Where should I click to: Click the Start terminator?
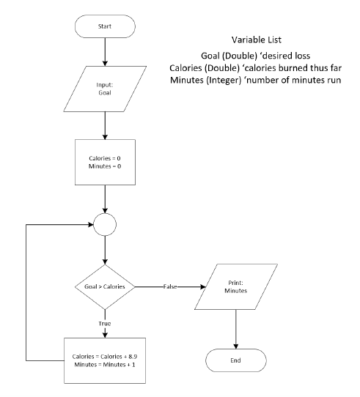(105, 26)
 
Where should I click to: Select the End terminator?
(236, 360)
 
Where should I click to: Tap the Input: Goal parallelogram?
(105, 89)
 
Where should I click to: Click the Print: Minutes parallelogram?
(236, 286)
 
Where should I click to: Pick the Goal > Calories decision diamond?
(105, 286)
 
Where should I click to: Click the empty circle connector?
(105, 225)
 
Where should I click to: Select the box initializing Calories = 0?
(105, 162)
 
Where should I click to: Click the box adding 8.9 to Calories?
(105, 360)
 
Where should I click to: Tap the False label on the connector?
(170, 286)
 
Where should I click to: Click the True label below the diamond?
(105, 324)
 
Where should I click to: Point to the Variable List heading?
(257, 40)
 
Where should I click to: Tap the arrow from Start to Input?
(105, 52)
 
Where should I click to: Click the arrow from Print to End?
(236, 329)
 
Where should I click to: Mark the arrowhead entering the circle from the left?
(90, 225)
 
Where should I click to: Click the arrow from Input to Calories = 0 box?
(105, 125)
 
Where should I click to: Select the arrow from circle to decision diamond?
(105, 251)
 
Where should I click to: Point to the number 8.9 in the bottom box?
(133, 357)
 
